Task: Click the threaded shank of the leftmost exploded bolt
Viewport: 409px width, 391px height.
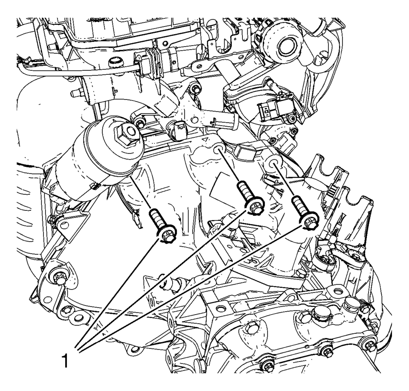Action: pos(156,217)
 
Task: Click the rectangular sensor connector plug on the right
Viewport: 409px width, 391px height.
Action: pos(267,111)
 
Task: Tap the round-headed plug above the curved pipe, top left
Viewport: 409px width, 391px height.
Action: pos(115,63)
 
